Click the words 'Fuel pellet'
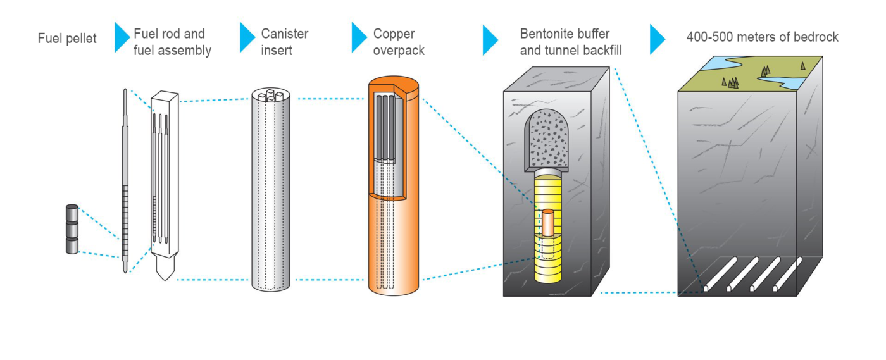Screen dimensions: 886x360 coord(67,39)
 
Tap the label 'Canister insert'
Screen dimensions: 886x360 coord(284,42)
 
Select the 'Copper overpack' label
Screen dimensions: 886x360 coord(398,42)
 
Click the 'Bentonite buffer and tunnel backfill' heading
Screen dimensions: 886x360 coord(570,42)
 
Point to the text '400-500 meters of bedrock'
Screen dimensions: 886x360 coord(762,37)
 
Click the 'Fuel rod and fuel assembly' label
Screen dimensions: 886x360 coord(172,42)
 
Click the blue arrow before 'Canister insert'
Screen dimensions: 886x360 coord(247,37)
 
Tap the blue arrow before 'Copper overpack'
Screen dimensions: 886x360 coord(359,37)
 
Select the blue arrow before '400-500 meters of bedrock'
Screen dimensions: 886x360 coord(658,40)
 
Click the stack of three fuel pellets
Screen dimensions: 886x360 coord(72,229)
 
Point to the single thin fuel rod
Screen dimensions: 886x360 coord(125,181)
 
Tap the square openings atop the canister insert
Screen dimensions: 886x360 coord(271,96)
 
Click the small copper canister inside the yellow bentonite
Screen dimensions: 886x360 coord(547,223)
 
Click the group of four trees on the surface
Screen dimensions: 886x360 coord(730,83)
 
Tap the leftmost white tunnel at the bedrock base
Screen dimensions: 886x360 coord(720,274)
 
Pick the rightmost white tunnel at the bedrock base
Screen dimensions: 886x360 coord(787,274)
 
